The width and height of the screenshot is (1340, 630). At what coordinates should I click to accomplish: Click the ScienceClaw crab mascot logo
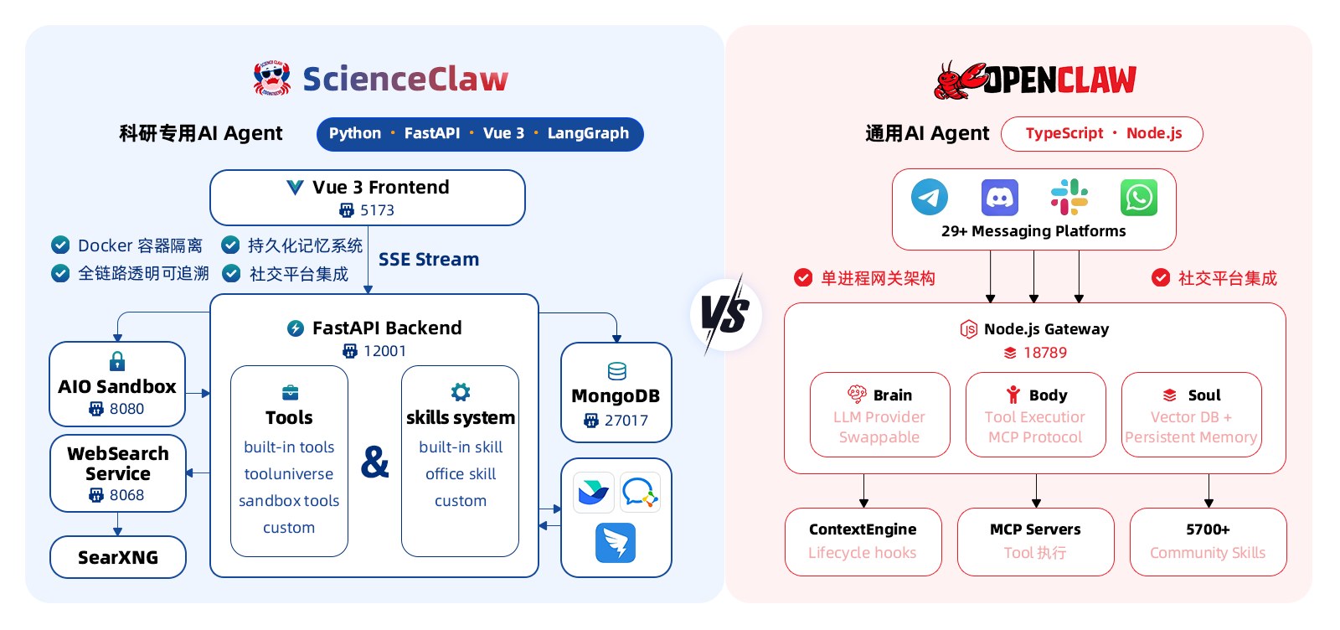272,78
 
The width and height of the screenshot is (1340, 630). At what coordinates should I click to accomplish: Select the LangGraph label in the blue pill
588,133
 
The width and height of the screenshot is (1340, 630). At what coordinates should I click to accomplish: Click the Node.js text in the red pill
1154,133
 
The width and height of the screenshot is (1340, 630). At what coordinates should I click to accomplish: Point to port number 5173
377,210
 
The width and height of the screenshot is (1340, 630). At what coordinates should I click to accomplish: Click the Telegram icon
930,198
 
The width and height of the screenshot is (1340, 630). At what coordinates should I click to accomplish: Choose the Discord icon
1000,198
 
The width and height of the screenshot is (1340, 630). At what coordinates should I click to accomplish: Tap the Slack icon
1069,198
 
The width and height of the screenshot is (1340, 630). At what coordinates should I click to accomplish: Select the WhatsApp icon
1139,198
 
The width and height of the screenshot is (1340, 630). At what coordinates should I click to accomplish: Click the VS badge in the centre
725,315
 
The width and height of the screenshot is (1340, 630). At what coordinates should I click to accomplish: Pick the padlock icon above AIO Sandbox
117,361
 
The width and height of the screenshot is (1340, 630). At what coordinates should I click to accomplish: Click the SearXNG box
118,557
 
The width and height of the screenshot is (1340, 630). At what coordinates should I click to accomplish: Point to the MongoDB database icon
616,371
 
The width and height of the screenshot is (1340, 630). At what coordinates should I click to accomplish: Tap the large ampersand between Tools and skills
375,462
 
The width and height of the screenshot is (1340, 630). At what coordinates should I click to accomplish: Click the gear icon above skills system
461,392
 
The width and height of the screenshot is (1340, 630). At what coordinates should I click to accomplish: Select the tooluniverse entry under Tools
289,474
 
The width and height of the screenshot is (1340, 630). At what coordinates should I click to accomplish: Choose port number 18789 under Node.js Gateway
1045,353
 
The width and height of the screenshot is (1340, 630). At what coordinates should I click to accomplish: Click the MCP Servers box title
1035,529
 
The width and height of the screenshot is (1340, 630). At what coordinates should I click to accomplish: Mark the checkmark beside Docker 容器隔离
60,245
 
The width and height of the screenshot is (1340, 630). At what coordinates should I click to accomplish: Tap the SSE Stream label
429,260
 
